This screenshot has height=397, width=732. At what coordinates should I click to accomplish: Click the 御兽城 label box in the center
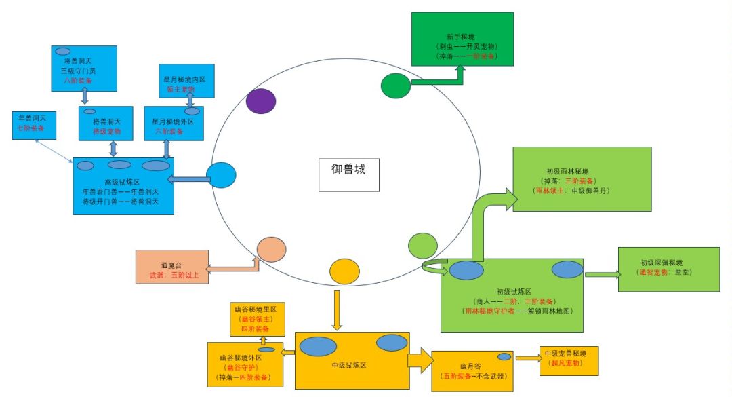[x=348, y=174]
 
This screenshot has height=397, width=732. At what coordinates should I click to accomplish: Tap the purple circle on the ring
[x=261, y=101]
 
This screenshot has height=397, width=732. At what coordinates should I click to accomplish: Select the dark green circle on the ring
[x=396, y=86]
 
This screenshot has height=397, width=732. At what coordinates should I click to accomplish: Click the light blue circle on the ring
[x=221, y=175]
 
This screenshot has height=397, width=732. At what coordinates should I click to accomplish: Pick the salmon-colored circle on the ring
[x=271, y=249]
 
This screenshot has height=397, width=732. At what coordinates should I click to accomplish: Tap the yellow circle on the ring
[x=344, y=271]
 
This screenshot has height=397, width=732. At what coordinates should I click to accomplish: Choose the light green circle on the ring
[x=424, y=245]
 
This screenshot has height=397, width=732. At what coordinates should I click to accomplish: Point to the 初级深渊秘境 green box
[x=668, y=269]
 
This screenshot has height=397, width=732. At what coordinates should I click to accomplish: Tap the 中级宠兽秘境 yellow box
[x=569, y=360]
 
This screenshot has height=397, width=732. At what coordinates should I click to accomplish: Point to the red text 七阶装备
[x=32, y=128]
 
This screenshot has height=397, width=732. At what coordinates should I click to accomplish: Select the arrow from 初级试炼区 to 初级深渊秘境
[x=602, y=274]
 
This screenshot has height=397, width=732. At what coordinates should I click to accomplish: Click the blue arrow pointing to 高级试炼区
[x=188, y=179]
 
